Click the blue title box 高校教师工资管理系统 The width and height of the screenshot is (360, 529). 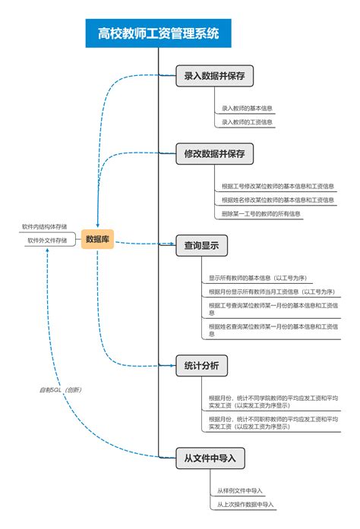(158, 33)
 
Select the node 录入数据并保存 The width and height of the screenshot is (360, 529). (214, 77)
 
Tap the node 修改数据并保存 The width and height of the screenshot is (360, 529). (214, 153)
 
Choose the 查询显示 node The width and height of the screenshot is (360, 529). (201, 245)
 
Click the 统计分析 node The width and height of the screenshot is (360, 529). (201, 366)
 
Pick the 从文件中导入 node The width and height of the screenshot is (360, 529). (210, 458)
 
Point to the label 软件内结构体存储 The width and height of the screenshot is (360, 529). (44, 226)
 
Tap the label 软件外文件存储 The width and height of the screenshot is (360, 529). (47, 240)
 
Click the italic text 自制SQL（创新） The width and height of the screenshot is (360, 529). (61, 389)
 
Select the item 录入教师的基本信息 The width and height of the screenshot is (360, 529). (247, 109)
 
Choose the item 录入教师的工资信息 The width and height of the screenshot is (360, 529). (247, 121)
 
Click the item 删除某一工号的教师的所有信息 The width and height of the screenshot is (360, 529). (261, 213)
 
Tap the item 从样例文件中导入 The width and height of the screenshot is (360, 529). (245, 490)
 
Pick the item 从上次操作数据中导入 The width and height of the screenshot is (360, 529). (245, 504)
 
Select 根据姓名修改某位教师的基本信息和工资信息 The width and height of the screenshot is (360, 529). (277, 200)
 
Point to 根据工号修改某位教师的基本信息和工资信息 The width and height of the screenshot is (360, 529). (277, 185)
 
